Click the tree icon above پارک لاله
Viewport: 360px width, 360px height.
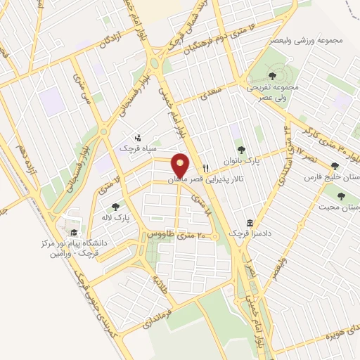116,207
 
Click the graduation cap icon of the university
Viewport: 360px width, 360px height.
72,233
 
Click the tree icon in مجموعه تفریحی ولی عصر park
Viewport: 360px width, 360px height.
273,73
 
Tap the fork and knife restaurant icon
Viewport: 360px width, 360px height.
205,167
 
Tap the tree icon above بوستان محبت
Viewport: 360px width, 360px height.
342,196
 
